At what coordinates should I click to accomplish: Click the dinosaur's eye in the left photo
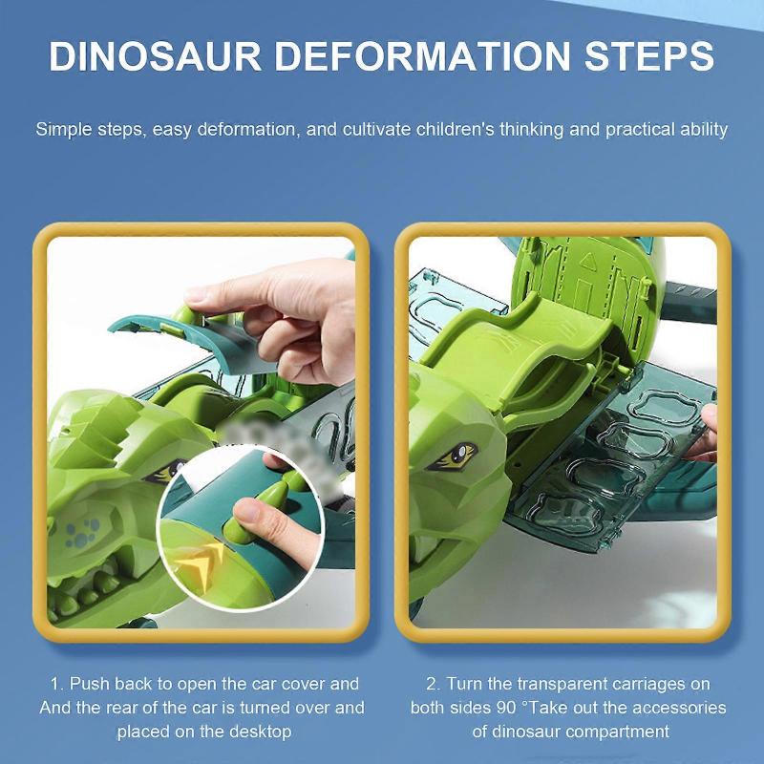(x=162, y=470)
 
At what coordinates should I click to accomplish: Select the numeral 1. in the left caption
(x=57, y=684)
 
